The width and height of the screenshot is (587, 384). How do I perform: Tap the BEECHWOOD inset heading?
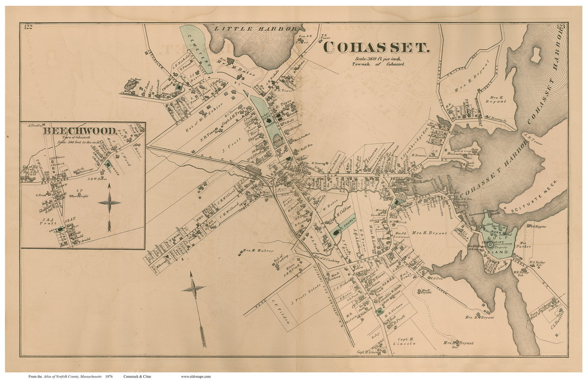[80, 131]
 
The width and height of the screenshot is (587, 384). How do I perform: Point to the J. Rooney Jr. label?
[495, 117]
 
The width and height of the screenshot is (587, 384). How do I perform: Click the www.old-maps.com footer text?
[196, 377]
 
